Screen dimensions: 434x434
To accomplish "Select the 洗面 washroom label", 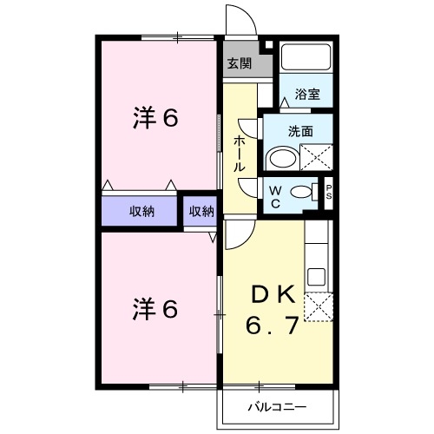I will tap(301, 131).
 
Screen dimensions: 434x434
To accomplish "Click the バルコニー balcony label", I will tap(275, 405).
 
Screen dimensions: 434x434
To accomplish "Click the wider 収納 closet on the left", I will tap(142, 211).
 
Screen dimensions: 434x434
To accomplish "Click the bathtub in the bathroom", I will tap(306, 58).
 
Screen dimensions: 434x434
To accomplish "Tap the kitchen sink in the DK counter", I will tap(317, 279).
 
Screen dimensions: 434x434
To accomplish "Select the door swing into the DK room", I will tap(240, 229).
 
